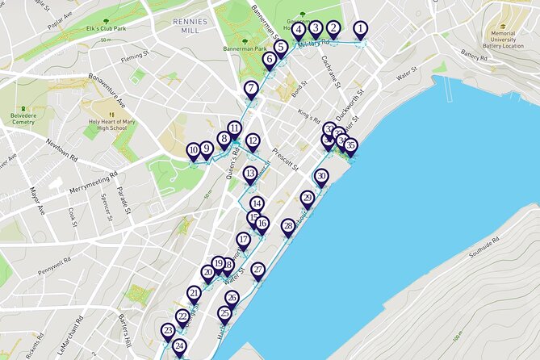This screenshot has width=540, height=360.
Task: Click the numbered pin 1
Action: click(x=359, y=29)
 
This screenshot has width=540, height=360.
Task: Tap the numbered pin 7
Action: click(x=252, y=90)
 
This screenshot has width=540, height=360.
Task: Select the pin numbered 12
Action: click(x=253, y=142)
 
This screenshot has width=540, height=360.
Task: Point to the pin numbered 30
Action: click(x=321, y=177)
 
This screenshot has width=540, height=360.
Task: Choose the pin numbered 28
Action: click(x=288, y=228)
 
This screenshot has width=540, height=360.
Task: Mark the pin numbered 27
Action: click(x=257, y=270)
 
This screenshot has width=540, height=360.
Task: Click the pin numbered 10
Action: click(x=194, y=151)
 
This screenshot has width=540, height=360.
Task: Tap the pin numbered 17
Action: click(x=244, y=241)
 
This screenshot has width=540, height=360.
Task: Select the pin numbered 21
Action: click(x=194, y=294)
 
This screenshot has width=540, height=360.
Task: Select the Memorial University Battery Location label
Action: click(x=503, y=40)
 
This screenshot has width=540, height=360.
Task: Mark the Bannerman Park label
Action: click(x=245, y=48)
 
